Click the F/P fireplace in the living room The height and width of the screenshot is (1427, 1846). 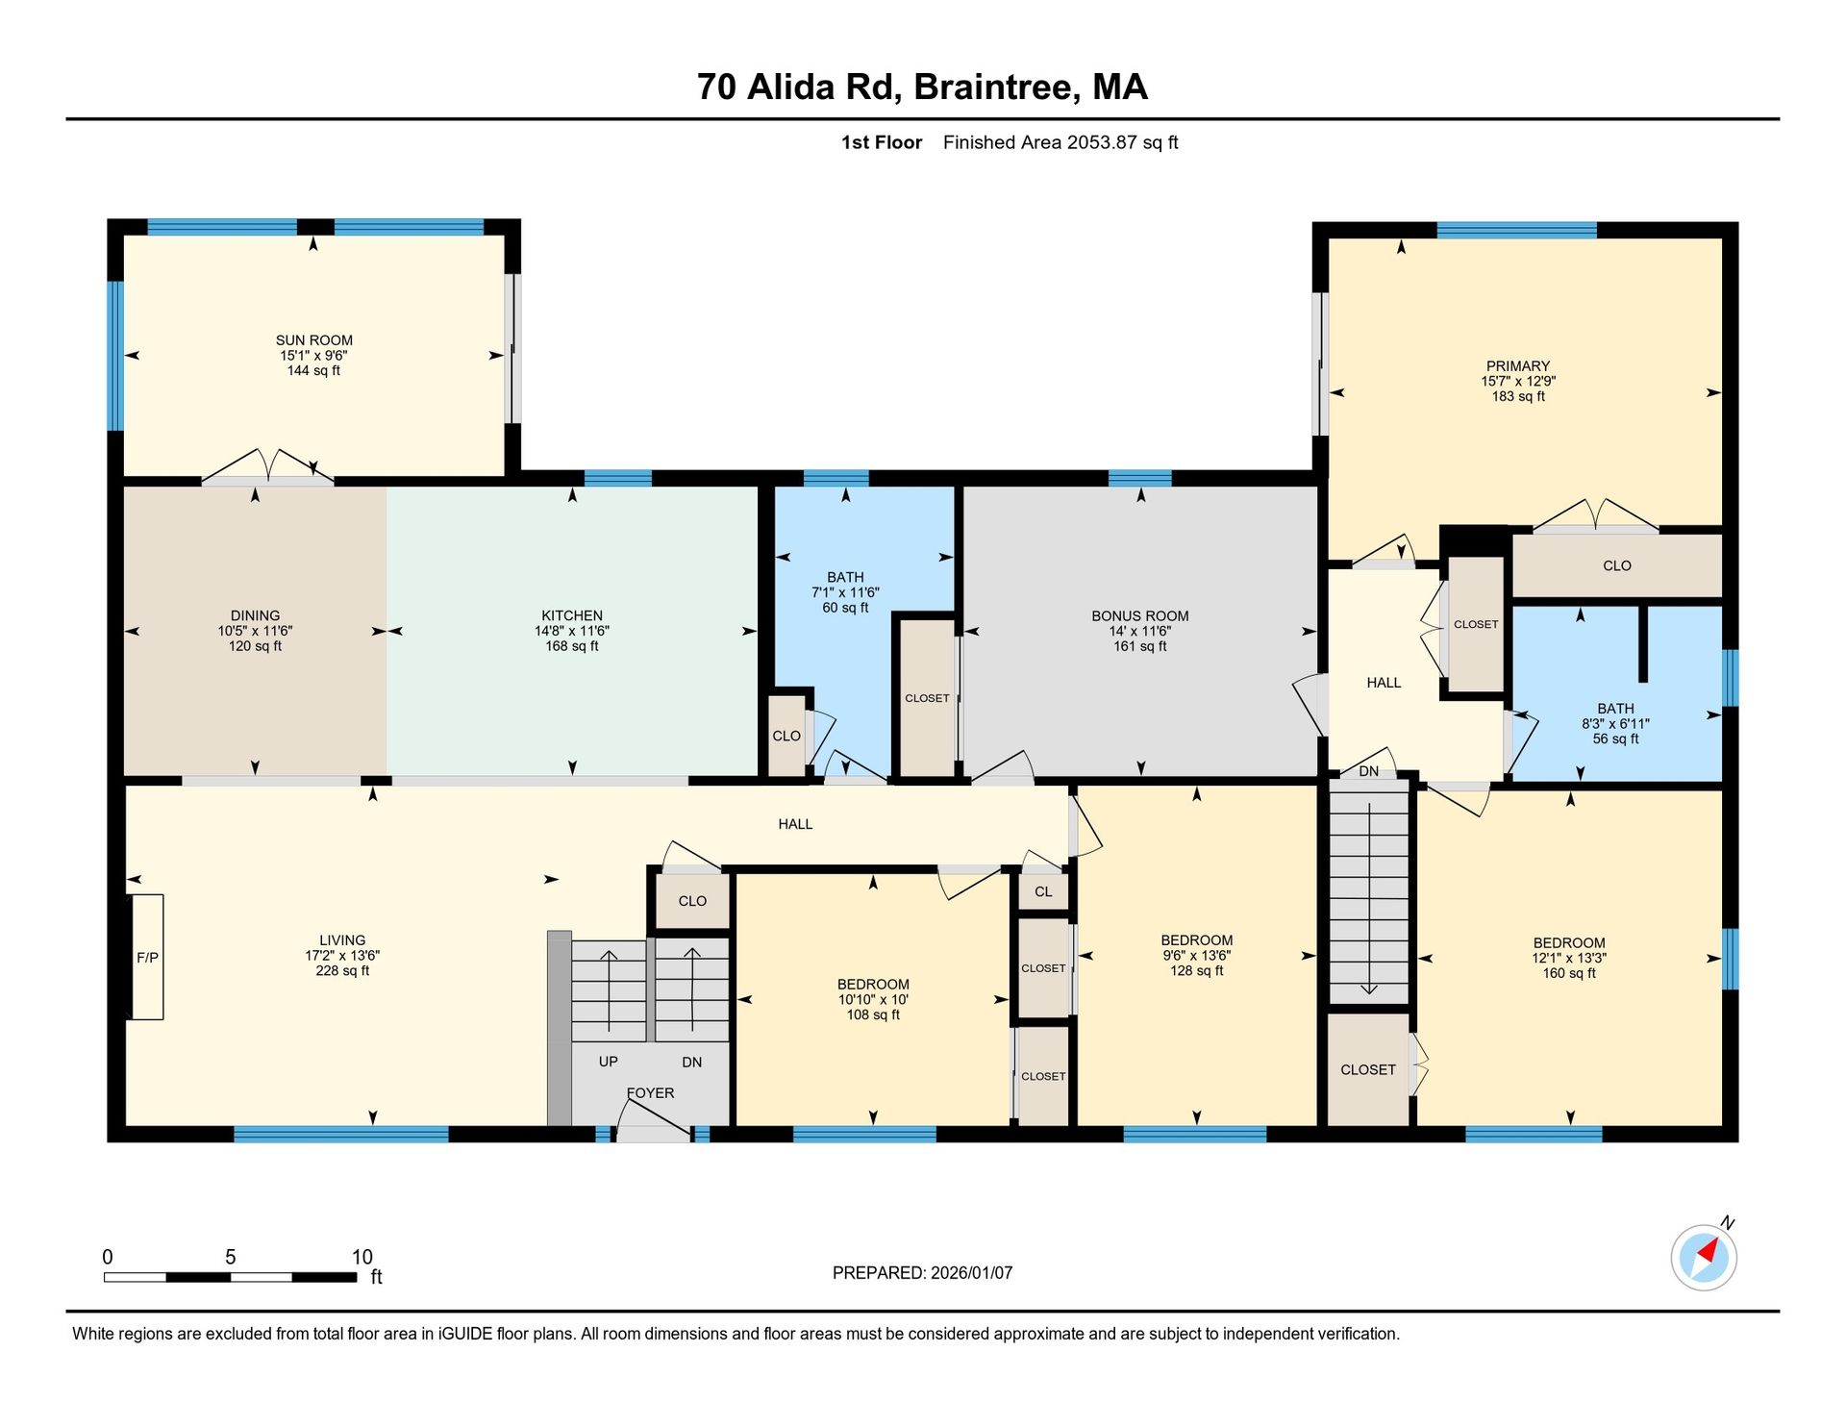(147, 957)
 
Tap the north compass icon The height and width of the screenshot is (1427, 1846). (1705, 1257)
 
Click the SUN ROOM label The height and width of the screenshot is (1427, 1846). (314, 340)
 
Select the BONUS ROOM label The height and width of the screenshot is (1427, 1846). (1140, 616)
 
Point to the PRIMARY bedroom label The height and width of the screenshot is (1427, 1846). (1518, 366)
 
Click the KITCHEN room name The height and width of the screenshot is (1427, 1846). (572, 616)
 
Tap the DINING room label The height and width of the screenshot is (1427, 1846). (256, 616)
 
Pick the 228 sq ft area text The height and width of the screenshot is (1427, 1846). (342, 971)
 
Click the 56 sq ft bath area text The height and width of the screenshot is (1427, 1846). (1615, 739)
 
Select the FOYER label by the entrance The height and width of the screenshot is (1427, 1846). (651, 1093)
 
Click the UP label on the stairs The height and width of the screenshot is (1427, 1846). (609, 1062)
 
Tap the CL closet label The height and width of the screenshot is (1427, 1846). (1043, 891)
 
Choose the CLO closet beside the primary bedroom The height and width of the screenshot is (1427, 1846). (1617, 566)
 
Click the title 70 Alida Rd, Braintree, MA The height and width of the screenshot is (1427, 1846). (922, 87)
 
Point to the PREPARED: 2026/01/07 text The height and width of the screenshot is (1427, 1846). (922, 1273)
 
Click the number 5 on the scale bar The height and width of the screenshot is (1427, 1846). (231, 1257)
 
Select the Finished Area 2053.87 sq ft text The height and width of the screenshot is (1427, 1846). (1060, 142)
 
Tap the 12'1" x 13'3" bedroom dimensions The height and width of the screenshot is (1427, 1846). (1569, 958)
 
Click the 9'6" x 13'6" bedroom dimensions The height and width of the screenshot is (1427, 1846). (1196, 956)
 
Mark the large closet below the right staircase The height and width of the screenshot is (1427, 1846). (1368, 1069)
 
